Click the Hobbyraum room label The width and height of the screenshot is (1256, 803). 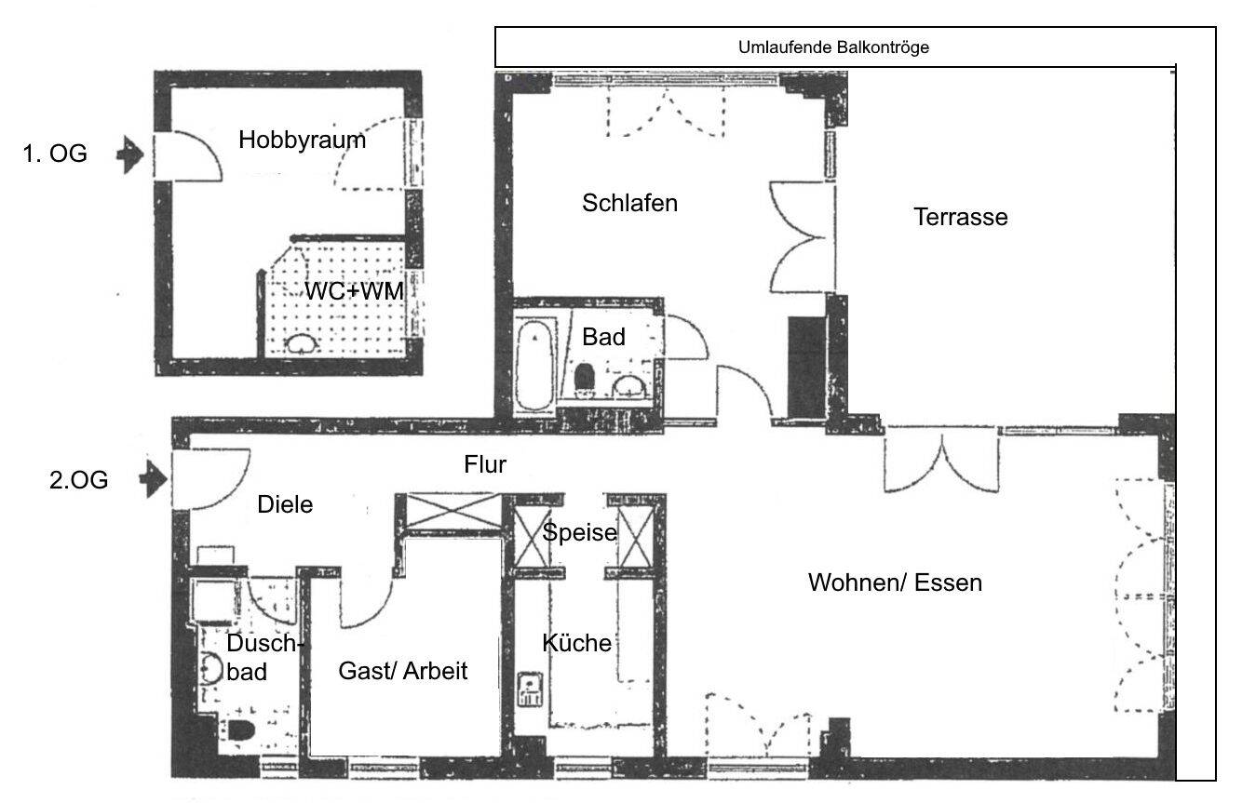[x=302, y=141]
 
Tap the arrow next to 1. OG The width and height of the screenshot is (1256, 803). [x=129, y=154]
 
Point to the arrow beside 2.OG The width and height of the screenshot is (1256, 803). [x=152, y=480]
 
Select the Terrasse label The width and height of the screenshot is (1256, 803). [x=960, y=217]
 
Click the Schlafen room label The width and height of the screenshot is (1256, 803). [x=629, y=203]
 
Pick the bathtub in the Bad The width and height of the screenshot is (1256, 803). [x=534, y=364]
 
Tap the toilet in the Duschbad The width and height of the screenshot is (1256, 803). [x=241, y=730]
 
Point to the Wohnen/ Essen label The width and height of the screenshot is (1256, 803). [x=895, y=583]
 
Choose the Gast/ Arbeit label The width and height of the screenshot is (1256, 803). [x=402, y=670]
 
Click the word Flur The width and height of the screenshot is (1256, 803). [x=485, y=464]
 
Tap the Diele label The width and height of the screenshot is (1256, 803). [x=284, y=505]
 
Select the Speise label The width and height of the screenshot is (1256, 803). [x=580, y=532]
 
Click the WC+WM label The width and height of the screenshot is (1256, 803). [x=355, y=291]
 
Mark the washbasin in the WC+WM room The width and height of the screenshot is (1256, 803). [x=301, y=343]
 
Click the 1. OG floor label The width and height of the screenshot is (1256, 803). [x=55, y=154]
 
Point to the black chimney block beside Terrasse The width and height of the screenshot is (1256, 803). [x=806, y=368]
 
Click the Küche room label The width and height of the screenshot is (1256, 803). [x=576, y=642]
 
